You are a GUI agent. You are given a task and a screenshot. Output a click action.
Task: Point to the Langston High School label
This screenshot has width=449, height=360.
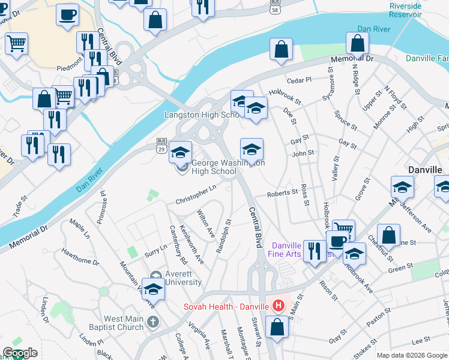(194, 115)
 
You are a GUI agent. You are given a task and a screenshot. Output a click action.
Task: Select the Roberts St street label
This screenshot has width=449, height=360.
(282, 193)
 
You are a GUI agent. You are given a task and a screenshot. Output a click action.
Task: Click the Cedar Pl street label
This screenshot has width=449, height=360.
(300, 79)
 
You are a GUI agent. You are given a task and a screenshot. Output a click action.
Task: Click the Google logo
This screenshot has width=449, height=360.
(20, 353)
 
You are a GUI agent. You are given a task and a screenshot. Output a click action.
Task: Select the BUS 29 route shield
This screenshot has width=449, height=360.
(161, 144)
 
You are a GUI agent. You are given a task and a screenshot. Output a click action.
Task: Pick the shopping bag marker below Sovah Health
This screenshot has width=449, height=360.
(277, 329)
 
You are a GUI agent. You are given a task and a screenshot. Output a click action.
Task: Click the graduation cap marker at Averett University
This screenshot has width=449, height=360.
(154, 290)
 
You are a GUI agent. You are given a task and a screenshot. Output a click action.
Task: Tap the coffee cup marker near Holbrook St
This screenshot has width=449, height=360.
(338, 241)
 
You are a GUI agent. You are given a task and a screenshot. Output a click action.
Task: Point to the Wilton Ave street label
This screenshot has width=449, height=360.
(206, 223)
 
